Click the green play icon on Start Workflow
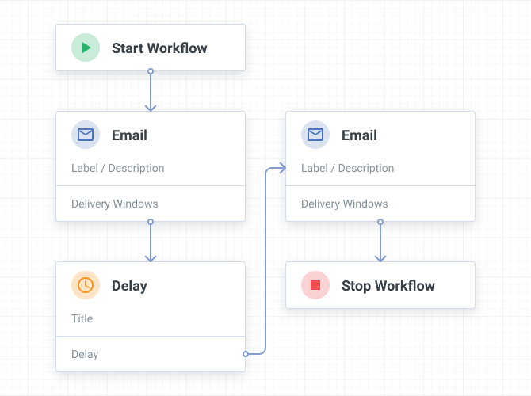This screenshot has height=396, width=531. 86,48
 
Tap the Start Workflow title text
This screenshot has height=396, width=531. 159,48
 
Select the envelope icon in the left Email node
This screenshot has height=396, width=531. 86,135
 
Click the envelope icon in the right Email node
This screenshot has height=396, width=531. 315,135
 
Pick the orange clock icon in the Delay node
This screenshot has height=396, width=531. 86,285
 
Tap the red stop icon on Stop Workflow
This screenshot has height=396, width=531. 315,285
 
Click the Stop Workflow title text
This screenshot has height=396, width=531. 388,286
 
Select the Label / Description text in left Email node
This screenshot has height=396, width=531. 118,168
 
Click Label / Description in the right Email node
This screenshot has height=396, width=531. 347,168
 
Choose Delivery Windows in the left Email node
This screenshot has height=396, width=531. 115,204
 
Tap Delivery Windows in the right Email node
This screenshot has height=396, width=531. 345,204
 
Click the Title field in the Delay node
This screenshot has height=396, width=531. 82,318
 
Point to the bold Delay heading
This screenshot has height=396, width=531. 129,286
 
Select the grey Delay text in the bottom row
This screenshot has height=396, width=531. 85,354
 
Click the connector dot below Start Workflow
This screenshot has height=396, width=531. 151,71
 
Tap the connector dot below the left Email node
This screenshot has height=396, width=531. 151,222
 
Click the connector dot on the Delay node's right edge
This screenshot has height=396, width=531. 246,354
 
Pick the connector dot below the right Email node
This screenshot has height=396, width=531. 380,222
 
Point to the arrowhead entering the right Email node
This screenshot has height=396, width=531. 283,168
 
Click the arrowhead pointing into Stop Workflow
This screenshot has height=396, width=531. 380,259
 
